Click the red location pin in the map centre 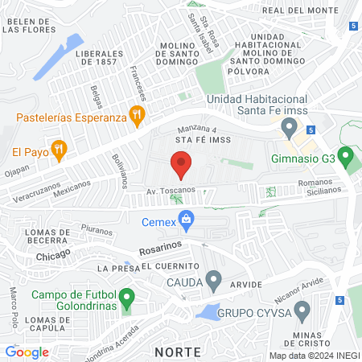181,167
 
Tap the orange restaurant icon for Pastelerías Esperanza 138,116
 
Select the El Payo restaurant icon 57,148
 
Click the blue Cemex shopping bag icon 187,218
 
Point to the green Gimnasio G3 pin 345,155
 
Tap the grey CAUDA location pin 213,282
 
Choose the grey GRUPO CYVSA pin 302,310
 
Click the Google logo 27,352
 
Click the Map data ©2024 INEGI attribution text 312,355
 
